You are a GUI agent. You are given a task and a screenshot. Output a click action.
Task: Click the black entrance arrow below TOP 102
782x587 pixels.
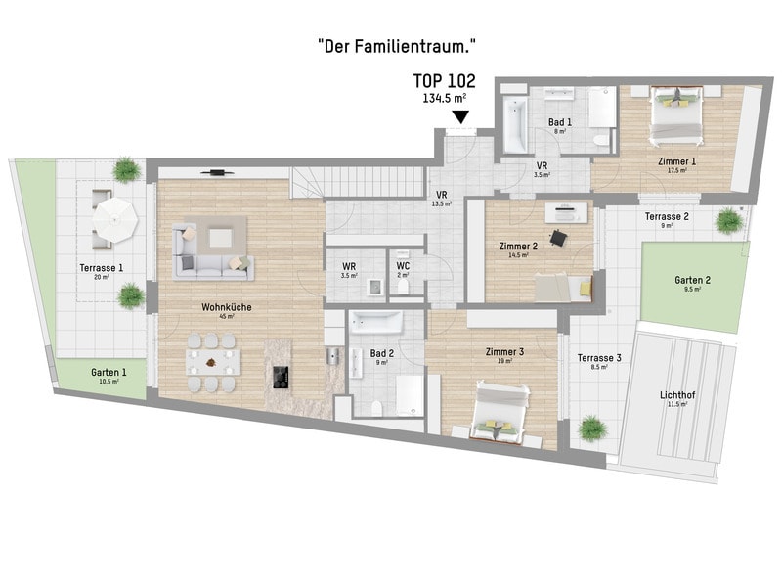pos(460,116)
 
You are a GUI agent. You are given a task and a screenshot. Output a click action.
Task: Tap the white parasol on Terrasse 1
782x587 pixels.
pos(115,220)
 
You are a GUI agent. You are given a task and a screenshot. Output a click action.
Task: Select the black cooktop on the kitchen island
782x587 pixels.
pos(281,378)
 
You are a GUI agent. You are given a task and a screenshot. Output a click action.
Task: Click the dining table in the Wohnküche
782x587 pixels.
pos(213,362)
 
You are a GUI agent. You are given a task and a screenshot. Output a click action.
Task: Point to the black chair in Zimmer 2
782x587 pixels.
pos(558,238)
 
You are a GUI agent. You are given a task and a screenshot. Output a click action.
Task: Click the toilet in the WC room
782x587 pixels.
pos(404,286)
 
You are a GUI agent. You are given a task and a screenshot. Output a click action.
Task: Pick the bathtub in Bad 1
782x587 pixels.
pos(515,125)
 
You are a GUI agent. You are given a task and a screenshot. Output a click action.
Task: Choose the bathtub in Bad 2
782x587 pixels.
pos(375,323)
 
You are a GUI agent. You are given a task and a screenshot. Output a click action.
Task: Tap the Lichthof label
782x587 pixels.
pos(677,395)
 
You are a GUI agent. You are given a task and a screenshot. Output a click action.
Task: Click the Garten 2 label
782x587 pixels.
pos(693,280)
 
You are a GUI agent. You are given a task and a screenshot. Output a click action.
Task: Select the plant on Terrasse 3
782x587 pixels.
pos(592,429)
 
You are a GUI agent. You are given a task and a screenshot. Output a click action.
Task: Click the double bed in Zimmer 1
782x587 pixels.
pos(676,115)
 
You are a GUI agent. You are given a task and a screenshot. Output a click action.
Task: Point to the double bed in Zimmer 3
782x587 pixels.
pos(500,411)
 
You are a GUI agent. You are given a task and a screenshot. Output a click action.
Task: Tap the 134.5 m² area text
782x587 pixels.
pos(445,98)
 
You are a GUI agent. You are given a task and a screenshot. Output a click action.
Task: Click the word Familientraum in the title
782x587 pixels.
pos(412,47)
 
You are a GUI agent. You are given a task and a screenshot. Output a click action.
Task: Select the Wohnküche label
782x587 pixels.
pos(227,307)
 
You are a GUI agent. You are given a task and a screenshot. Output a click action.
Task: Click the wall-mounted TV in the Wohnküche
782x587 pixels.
pos(217,173)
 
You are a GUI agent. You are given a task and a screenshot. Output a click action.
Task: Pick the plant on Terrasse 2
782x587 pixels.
pos(728,221)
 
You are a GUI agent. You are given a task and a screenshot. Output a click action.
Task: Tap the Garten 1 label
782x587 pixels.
pos(109,372)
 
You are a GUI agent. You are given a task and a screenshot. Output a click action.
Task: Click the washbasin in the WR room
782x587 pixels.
pos(374,287)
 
